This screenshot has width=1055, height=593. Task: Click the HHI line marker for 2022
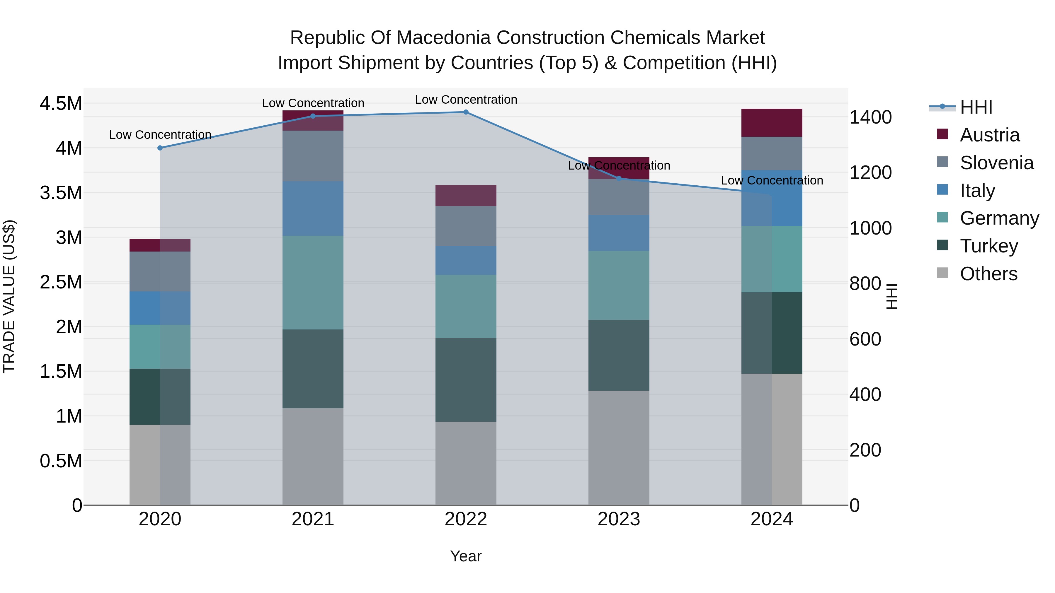click(466, 112)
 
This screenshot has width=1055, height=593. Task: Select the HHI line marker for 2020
click(160, 148)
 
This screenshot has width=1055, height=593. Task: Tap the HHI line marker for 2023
click(619, 178)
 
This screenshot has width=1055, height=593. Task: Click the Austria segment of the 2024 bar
click(772, 123)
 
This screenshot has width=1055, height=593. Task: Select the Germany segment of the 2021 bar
click(313, 282)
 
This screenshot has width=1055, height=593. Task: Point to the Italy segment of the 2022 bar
click(466, 260)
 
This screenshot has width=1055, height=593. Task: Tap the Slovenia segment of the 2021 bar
click(313, 156)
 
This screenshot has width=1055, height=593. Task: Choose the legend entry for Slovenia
click(996, 163)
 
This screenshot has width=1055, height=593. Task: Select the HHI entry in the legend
click(976, 107)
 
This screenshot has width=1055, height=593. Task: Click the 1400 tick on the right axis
click(870, 117)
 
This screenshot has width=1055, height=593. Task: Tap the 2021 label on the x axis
click(313, 519)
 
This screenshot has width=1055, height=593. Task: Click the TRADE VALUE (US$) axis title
click(9, 296)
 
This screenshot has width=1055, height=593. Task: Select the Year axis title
click(466, 556)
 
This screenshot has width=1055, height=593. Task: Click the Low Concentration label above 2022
click(466, 100)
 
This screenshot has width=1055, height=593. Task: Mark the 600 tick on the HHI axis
click(865, 339)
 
